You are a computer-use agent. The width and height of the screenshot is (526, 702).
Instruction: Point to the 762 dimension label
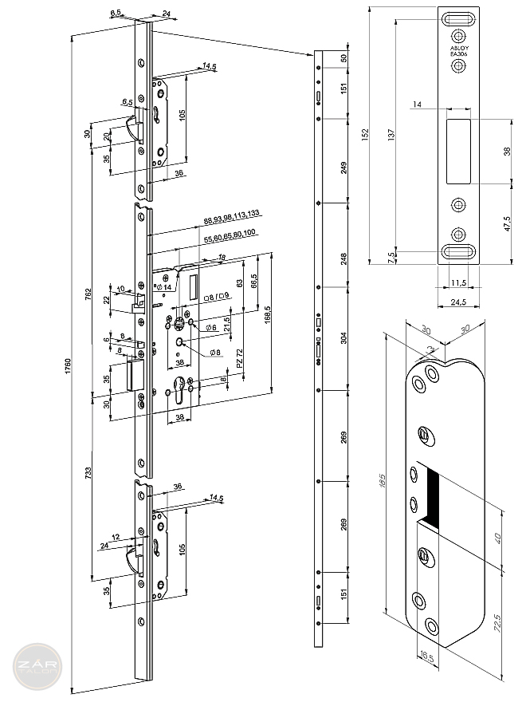point(88,295)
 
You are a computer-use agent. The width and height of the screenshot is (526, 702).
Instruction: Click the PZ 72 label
point(240,357)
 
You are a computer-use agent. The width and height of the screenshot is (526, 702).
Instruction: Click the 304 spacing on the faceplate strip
point(344,337)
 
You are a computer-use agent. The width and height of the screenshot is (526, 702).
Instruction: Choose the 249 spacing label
point(344,168)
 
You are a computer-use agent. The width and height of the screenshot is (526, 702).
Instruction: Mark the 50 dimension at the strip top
point(344,59)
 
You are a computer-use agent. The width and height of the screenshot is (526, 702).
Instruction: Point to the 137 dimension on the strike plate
point(391,136)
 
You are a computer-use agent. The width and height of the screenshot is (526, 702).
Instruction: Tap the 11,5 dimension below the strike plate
point(457,282)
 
